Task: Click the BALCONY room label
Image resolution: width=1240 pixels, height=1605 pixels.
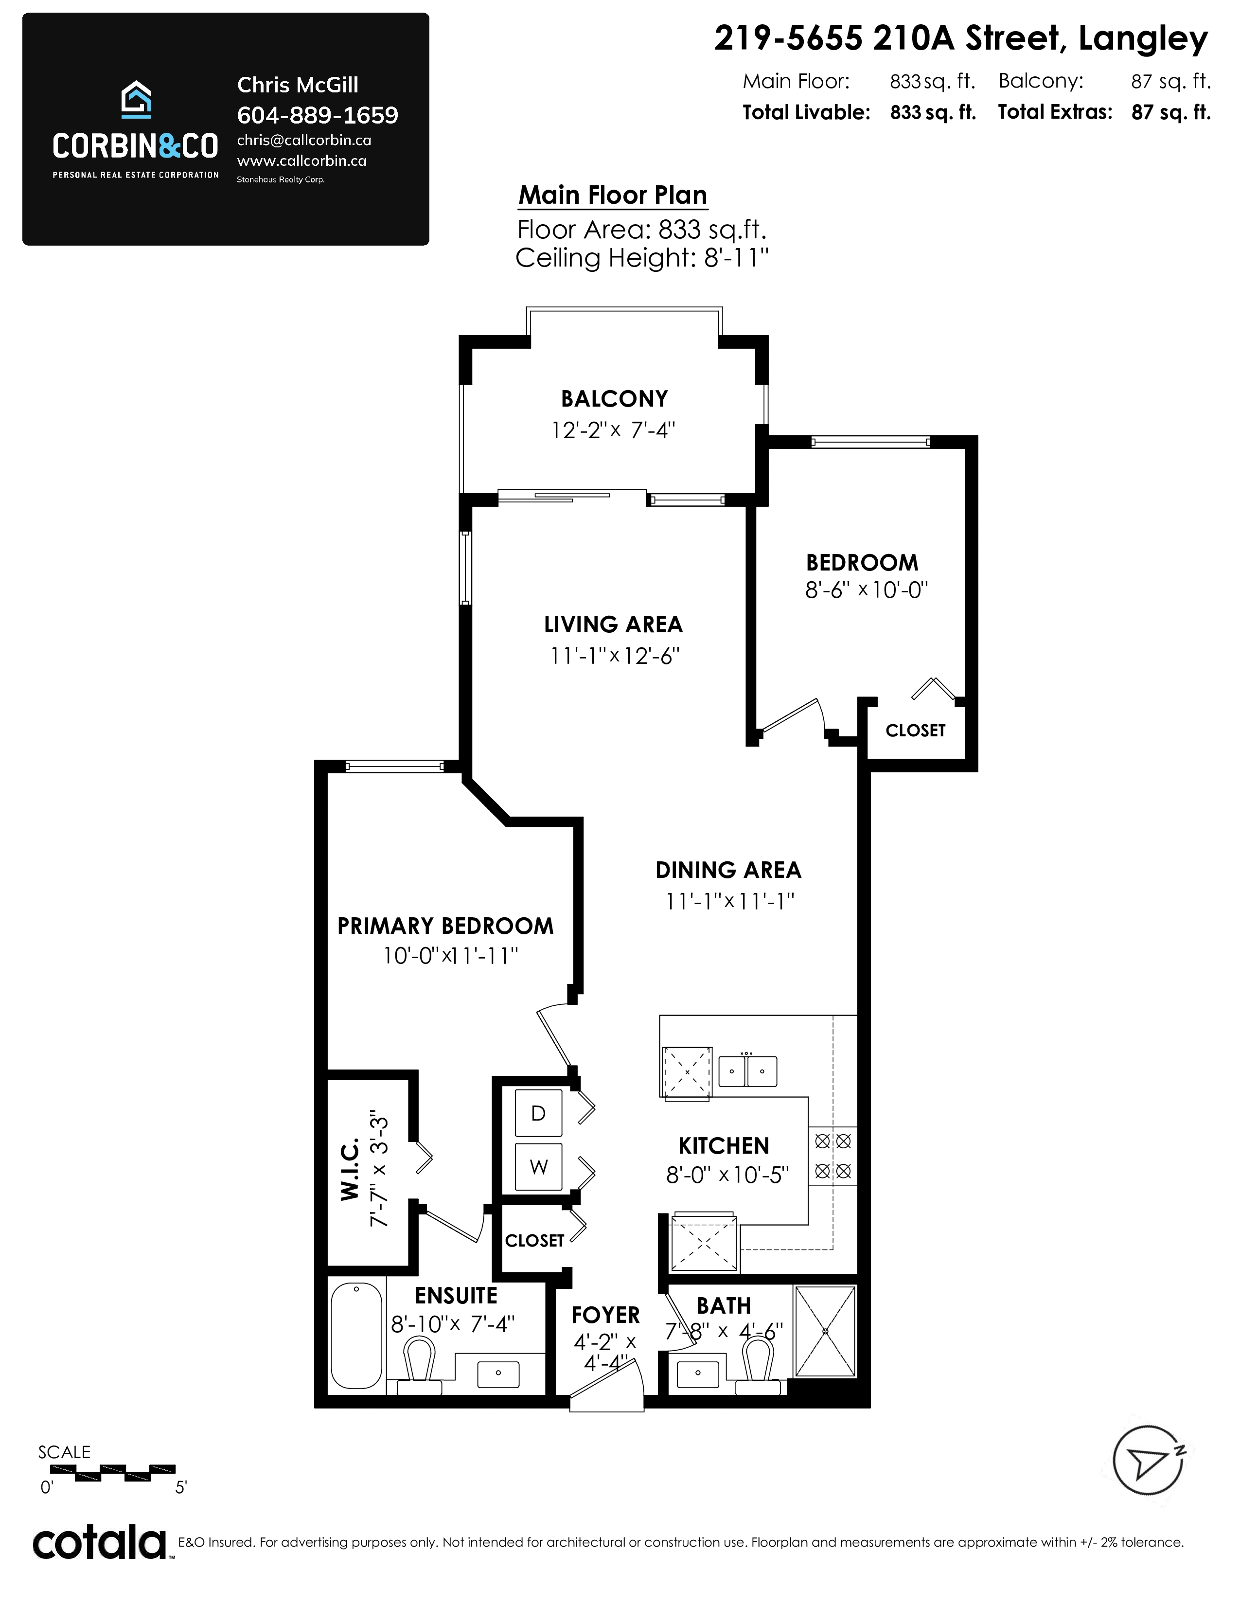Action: click(614, 399)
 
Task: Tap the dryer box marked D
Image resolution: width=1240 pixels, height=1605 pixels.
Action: click(538, 1113)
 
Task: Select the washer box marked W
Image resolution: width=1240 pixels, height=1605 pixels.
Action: click(538, 1166)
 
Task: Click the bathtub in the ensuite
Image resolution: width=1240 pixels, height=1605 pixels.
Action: click(357, 1335)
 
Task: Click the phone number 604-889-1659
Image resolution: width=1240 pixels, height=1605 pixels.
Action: click(318, 115)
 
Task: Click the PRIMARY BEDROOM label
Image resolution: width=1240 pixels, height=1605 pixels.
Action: click(445, 926)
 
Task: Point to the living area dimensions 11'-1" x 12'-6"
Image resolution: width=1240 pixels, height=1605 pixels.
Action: click(615, 656)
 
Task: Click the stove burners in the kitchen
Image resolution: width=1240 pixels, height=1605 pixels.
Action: click(833, 1156)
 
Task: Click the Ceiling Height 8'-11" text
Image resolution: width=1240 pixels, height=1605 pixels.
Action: click(642, 258)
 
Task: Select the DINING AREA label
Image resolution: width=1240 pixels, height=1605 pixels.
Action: click(728, 870)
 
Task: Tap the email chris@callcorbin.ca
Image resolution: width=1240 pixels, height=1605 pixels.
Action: click(304, 141)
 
